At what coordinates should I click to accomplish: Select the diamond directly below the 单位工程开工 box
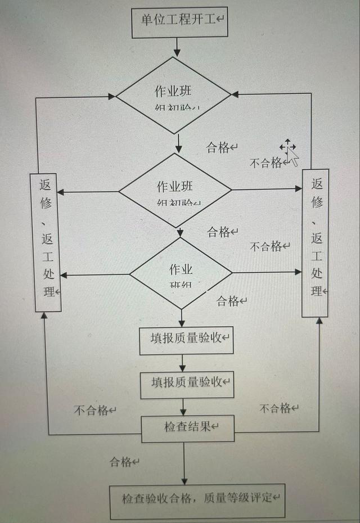(173, 95)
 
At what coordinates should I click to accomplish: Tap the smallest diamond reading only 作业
(181, 273)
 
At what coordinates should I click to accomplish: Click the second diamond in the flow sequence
(175, 190)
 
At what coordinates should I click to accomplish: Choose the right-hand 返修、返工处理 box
(316, 243)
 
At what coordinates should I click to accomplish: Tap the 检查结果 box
(188, 428)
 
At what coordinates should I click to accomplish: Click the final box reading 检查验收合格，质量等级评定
(197, 500)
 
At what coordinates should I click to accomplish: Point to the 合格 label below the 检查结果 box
(121, 462)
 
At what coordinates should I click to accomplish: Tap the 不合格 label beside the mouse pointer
(266, 163)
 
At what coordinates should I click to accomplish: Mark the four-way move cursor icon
(287, 147)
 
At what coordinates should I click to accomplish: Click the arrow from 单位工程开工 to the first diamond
(177, 47)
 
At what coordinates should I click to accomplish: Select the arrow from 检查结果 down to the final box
(184, 462)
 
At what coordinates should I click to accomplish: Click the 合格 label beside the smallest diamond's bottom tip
(228, 301)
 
